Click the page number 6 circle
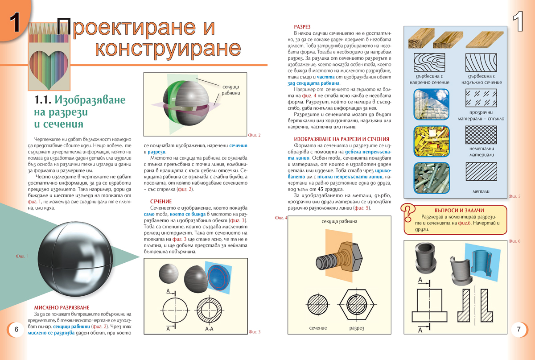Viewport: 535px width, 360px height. click(16, 330)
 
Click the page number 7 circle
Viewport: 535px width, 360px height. click(519, 330)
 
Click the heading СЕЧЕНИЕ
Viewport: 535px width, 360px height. click(161, 202)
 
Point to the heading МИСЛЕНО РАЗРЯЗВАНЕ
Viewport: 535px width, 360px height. click(62, 307)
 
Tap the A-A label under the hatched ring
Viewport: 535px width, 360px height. click(209, 329)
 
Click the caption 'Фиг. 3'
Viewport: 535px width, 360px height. click(255, 331)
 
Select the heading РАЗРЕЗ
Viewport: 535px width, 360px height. click(302, 27)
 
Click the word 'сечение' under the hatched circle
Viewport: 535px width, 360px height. click(318, 328)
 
